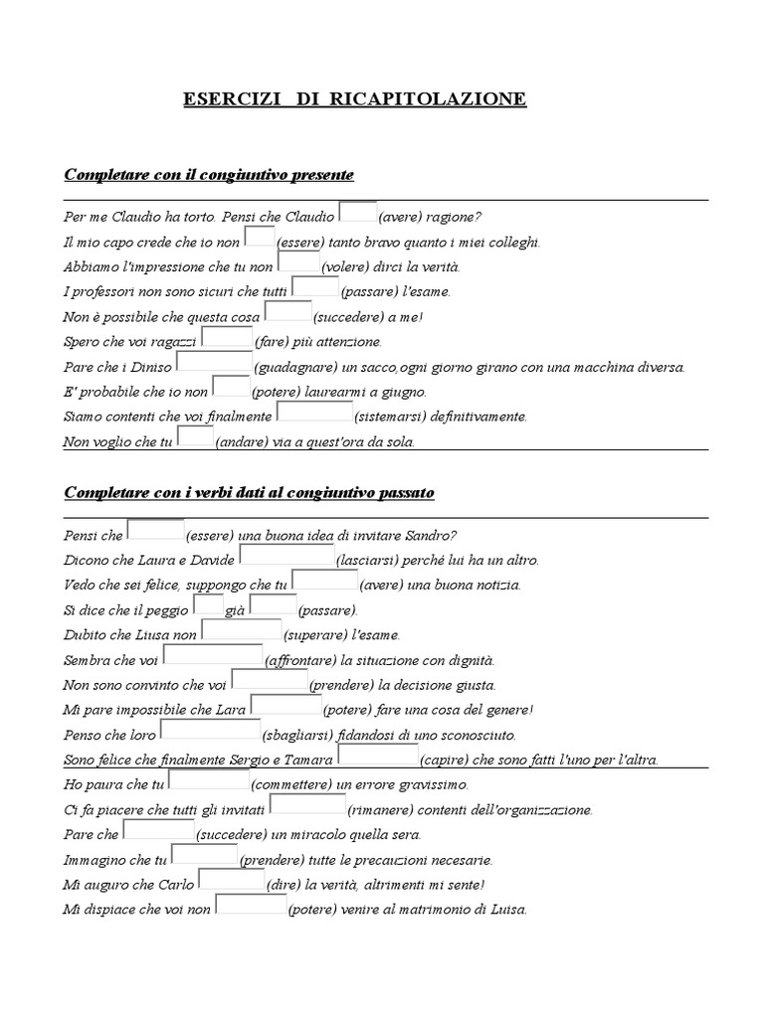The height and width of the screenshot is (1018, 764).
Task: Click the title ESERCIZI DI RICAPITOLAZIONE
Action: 355,99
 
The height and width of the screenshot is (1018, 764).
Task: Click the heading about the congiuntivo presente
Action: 209,175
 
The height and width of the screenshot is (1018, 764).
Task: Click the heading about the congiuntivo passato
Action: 249,493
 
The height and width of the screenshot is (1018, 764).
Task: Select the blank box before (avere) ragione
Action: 357,214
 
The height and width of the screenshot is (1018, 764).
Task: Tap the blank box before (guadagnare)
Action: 213,364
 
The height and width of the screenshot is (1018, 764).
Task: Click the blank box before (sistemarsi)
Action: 313,414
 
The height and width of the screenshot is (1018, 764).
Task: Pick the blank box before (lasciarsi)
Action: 286,557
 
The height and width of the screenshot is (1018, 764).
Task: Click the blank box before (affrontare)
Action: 213,656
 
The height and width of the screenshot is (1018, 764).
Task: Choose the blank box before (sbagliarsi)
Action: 216,732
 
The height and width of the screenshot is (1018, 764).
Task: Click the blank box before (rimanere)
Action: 307,806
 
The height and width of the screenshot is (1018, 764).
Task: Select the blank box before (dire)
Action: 231,881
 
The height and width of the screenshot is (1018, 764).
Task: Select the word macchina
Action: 592,367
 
